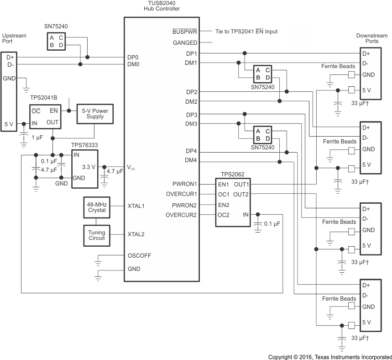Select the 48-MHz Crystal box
pyautogui.click(x=96, y=207)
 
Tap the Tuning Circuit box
pyautogui.click(x=96, y=235)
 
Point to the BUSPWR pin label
pyautogui.click(x=185, y=32)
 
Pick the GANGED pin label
pyautogui.click(x=185, y=43)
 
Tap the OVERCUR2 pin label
pyautogui.click(x=181, y=215)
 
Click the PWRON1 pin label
pyautogui.click(x=184, y=184)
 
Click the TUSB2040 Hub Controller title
pyautogui.click(x=162, y=6)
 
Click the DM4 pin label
pyautogui.click(x=191, y=160)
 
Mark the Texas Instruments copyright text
pyautogui.click(x=329, y=357)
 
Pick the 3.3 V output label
pyautogui.click(x=89, y=167)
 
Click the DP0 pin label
pyautogui.click(x=133, y=58)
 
